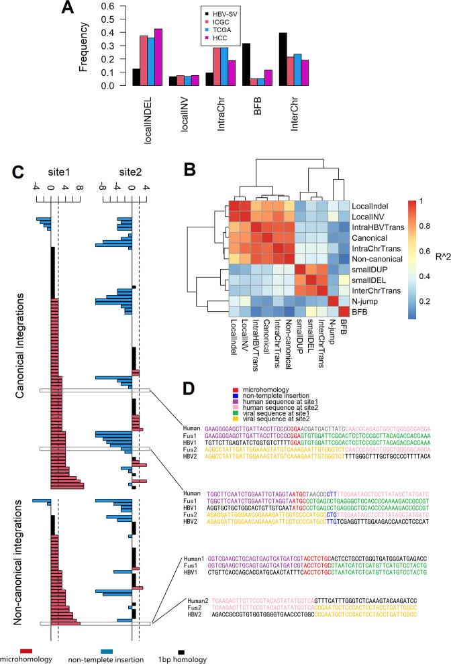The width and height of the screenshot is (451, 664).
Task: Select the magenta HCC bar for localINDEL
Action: (x=290, y=57)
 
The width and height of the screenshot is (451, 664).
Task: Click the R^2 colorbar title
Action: (x=437, y=254)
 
